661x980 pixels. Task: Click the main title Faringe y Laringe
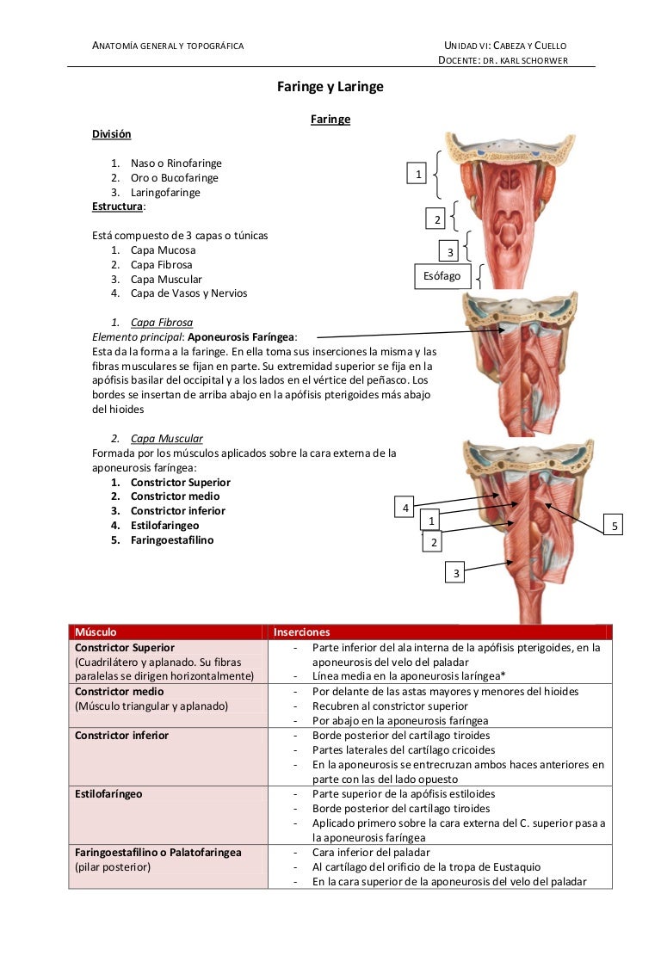point(330,87)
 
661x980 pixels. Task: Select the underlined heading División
point(112,134)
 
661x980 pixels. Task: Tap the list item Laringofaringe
point(165,193)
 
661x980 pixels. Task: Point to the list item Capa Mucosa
point(163,250)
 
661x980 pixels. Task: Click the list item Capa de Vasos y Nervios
point(188,293)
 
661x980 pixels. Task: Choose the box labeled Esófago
point(442,276)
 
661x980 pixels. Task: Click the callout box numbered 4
point(405,508)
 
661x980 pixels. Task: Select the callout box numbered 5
point(615,525)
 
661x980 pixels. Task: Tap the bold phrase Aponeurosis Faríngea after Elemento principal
point(242,337)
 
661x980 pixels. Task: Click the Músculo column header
point(96,632)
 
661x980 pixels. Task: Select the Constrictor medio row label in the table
point(119,692)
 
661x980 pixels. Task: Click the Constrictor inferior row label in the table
point(121,736)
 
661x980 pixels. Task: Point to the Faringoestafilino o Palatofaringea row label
point(158,853)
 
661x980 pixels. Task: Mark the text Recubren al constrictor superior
point(391,706)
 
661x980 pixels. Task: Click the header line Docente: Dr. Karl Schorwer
point(503,59)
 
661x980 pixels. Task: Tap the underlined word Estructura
point(118,206)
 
